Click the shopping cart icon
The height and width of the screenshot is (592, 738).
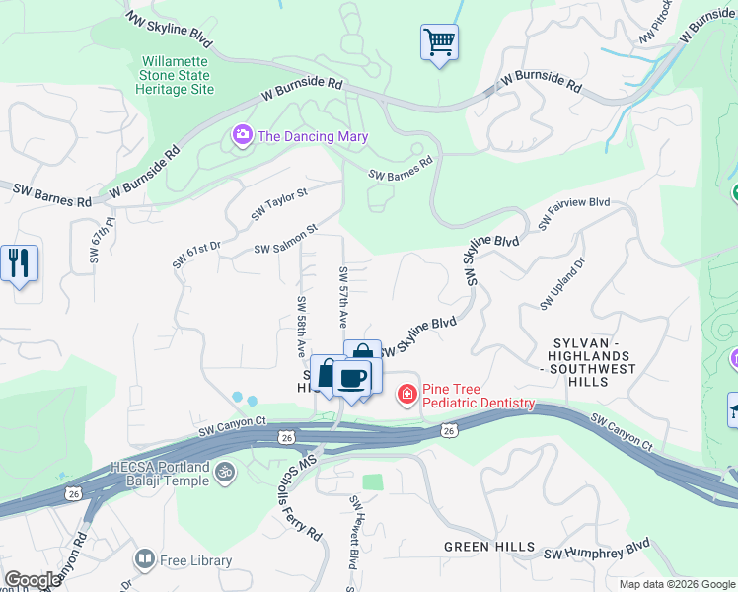coord(439,42)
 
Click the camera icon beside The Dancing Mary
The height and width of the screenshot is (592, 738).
coord(242,136)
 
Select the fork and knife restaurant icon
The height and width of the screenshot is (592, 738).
coord(19,263)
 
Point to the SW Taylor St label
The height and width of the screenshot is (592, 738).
coord(279,202)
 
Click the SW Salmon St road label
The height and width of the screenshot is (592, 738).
coord(285,240)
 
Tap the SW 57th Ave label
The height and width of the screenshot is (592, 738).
coord(344,297)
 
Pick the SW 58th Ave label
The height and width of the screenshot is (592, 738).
coord(301,326)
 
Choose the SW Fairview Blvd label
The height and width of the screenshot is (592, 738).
coord(574,214)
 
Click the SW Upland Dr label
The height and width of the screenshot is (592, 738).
coord(562,283)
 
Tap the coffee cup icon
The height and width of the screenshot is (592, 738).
coord(351,377)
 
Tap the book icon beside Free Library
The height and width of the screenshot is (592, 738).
coord(146,560)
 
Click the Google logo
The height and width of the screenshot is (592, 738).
coord(33,580)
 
